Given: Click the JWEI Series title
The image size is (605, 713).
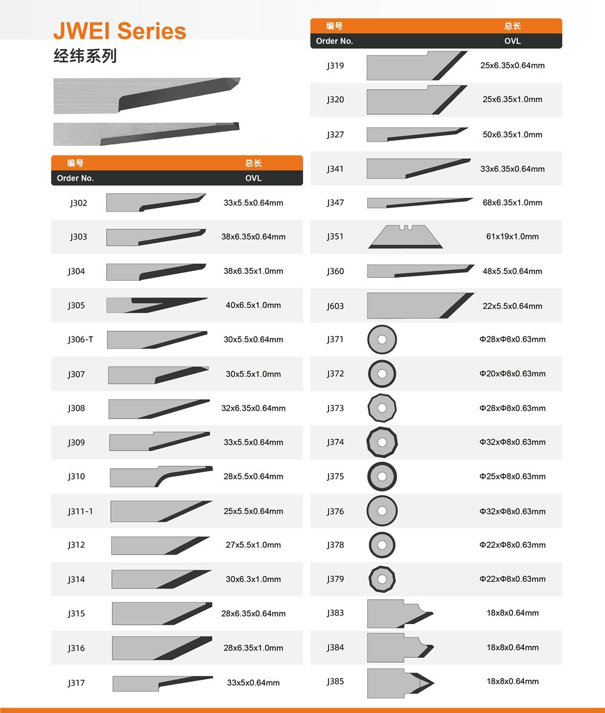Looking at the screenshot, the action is tap(120, 31).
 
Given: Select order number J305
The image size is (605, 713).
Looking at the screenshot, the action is tap(76, 305).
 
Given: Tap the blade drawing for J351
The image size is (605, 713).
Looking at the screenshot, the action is tap(405, 236).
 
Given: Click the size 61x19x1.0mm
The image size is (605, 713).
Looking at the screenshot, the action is tap(512, 236).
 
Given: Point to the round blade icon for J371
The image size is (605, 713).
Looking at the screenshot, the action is tap(382, 339).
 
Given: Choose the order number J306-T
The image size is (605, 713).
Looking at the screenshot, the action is tap(80, 339).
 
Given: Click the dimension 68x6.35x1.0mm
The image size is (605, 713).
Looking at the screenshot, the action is tap(512, 203).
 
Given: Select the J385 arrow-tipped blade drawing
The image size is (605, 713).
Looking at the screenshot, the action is tap(401, 683).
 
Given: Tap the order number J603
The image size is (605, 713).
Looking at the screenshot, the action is tap(335, 306).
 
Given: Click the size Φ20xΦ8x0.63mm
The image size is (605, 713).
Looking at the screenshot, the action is tap(512, 373).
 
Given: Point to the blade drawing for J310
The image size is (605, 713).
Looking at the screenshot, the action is tap(161, 476).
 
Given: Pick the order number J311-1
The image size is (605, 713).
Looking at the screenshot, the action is tap(80, 511).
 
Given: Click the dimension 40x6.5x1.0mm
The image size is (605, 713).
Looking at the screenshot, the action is tap(253, 305).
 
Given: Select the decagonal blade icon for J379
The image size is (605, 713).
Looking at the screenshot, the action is tap(382, 579).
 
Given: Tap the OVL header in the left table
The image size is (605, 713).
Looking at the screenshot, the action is tap(253, 178).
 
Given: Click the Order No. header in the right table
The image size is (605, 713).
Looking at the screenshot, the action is tap(335, 41).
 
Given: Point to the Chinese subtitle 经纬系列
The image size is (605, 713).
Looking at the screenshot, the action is tap(85, 56).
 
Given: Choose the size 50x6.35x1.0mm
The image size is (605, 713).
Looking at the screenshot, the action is tap(512, 134).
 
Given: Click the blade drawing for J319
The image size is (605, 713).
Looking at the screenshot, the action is tap(417, 66).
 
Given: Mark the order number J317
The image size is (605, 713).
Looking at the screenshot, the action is tap(76, 683).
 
